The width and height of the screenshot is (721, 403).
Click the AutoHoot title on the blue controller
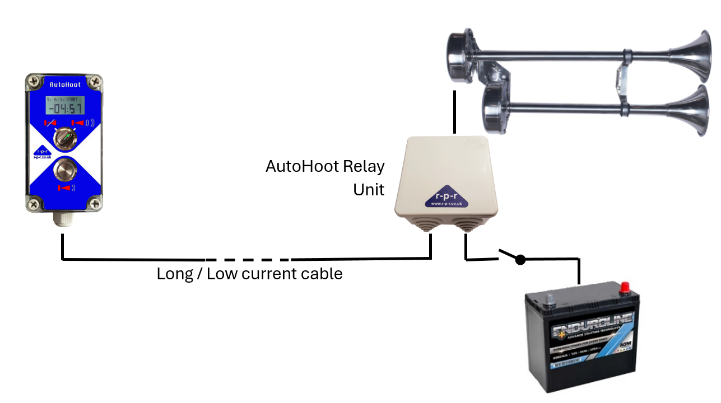(x=64, y=85)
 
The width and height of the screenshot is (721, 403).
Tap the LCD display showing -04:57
(x=64, y=105)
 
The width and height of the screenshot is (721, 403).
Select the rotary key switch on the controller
(x=64, y=138)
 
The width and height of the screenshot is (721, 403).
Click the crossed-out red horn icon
(x=51, y=123)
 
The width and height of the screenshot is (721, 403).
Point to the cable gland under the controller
(x=61, y=221)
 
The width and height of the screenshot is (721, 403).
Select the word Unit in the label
(x=369, y=190)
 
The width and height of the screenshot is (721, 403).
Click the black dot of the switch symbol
(x=520, y=260)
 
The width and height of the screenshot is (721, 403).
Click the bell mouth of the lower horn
(x=700, y=111)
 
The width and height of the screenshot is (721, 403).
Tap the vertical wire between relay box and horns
(x=454, y=112)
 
